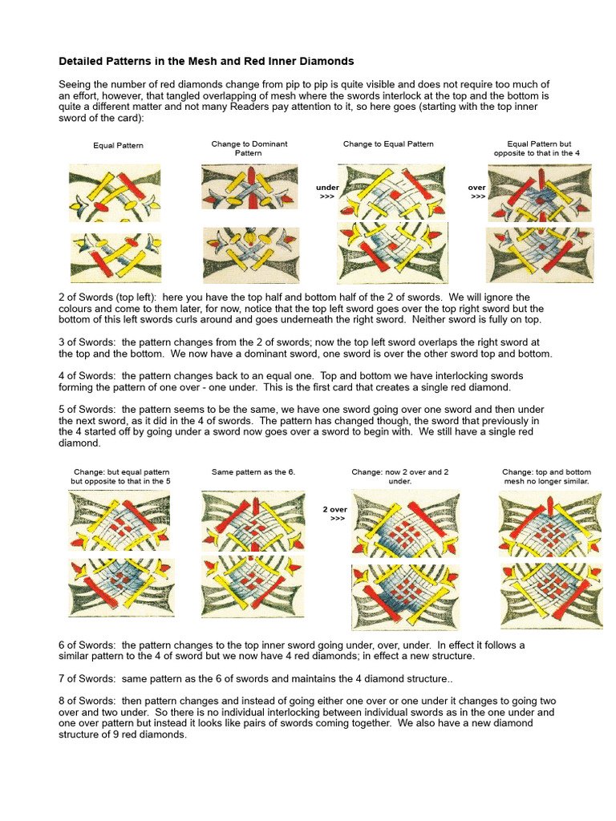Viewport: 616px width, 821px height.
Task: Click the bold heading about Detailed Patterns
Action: [206, 61]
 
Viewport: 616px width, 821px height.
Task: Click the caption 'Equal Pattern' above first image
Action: [118, 146]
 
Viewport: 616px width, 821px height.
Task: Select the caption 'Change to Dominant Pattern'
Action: [249, 148]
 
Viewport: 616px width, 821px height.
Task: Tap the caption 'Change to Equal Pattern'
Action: [388, 144]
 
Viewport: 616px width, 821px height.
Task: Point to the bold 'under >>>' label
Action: [327, 191]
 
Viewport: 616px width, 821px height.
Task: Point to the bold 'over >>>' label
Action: [478, 191]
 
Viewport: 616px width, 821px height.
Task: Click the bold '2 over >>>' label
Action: [335, 514]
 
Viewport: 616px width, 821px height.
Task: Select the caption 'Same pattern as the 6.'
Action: [253, 472]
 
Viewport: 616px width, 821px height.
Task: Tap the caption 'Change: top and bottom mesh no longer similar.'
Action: [545, 477]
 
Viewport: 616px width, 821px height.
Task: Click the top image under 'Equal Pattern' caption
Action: [115, 193]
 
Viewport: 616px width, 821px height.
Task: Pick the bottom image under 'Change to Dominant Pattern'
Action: [249, 255]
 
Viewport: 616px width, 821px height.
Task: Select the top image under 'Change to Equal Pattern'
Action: [391, 192]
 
